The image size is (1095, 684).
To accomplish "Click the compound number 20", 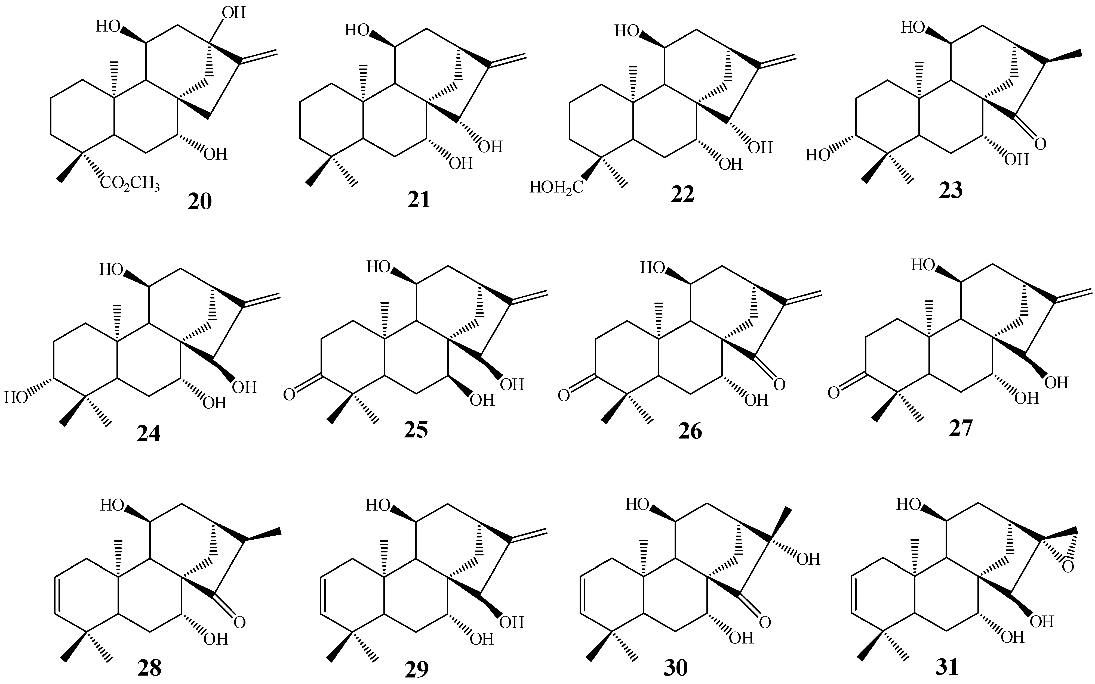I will point(200,201).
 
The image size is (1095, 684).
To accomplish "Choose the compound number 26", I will point(690,431).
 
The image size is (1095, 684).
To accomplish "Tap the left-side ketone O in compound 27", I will point(833,393).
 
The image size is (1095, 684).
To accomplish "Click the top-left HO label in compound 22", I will point(626,31).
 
